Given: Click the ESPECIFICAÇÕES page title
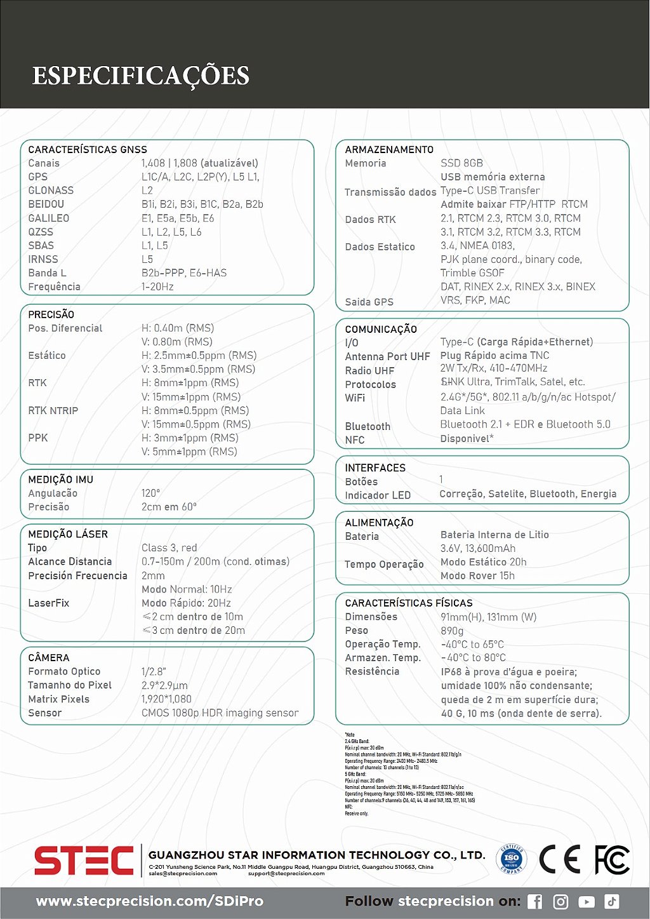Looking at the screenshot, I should [140, 75].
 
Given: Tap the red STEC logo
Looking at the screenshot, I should [83, 861].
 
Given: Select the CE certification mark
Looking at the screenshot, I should [559, 860].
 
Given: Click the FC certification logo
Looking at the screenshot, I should [612, 860].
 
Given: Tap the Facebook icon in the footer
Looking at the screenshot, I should [535, 901].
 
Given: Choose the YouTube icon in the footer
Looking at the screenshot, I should [587, 901].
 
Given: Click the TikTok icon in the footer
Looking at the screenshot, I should [612, 901].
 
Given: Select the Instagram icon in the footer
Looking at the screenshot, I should [561, 901].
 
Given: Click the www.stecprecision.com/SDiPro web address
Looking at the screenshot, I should [149, 901].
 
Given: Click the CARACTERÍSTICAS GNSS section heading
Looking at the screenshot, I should [88, 150].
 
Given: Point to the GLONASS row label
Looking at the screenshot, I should [51, 191].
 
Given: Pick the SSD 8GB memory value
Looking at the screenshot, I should [461, 163].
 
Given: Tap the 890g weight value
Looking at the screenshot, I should [452, 631].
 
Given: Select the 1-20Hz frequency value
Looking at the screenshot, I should [157, 286].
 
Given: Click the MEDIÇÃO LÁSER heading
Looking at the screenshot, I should [68, 534].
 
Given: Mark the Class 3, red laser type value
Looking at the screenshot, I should [169, 547].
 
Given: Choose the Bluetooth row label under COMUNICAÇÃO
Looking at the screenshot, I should [368, 426].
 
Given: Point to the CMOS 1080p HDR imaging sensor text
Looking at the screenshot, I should [220, 713].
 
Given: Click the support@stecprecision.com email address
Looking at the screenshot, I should [286, 874].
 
